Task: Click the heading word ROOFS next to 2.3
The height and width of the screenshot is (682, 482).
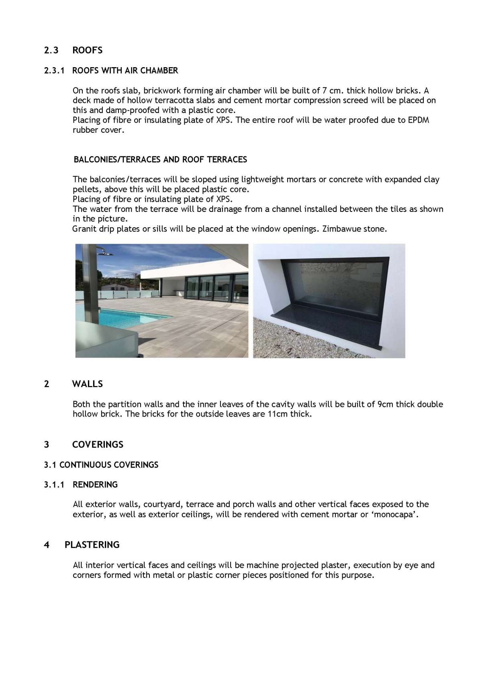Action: click(87, 50)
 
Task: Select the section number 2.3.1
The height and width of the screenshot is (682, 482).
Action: click(54, 71)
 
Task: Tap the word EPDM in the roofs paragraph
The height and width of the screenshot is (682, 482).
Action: click(418, 120)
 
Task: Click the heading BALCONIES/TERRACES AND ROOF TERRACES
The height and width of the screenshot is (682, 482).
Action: click(160, 160)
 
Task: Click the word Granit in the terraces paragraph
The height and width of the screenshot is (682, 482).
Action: click(83, 229)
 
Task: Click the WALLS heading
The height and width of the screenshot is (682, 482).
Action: click(88, 384)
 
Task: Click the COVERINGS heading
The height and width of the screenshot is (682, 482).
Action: click(98, 445)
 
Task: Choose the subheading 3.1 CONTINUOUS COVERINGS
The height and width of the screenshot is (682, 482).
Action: click(101, 465)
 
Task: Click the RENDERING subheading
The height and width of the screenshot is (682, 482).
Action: click(95, 485)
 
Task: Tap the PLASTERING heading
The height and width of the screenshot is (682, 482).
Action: click(92, 545)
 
